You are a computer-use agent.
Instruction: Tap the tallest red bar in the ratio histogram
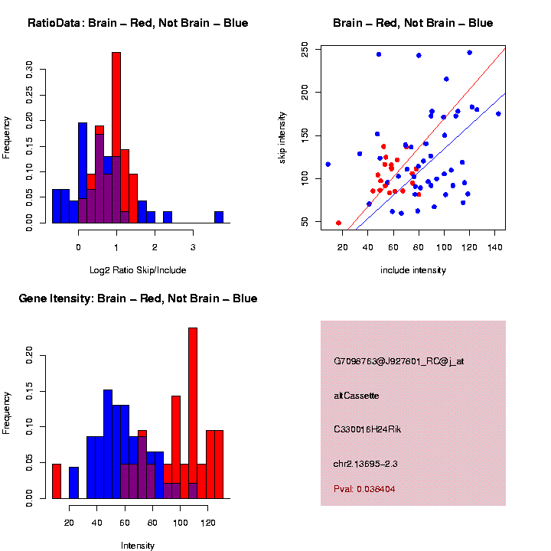point(116,138)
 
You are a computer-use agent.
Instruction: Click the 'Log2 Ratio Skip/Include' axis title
point(138,269)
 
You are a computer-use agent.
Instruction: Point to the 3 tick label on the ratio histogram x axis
point(193,247)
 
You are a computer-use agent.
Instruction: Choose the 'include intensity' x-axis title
point(413,269)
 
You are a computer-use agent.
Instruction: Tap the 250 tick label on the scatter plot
point(305,51)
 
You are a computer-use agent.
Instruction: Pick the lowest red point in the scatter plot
point(338,223)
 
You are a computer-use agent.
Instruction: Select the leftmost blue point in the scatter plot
point(328,165)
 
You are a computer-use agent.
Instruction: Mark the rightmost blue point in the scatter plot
point(498,114)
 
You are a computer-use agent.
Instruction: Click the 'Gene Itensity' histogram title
point(138,298)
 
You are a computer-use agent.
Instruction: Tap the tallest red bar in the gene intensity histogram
point(193,413)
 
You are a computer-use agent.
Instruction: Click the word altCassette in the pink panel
point(356,396)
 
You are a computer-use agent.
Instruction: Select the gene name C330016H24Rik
point(367,429)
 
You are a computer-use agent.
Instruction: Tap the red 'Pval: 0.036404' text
point(364,488)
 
